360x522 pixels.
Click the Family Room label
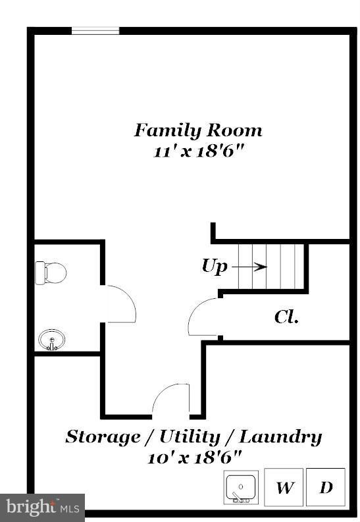pyautogui.click(x=198, y=130)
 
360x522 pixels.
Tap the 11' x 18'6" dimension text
pyautogui.click(x=195, y=151)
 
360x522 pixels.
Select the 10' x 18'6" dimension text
pyautogui.click(x=194, y=456)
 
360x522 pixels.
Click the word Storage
pyautogui.click(x=102, y=436)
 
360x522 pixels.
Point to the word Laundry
pyautogui.click(x=280, y=436)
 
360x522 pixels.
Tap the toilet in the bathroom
pyautogui.click(x=52, y=271)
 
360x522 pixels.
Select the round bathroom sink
pyautogui.click(x=52, y=340)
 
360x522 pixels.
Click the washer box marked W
pyautogui.click(x=284, y=488)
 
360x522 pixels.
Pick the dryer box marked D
pyautogui.click(x=326, y=488)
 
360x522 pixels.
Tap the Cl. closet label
pyautogui.click(x=286, y=317)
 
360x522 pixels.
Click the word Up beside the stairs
pyautogui.click(x=214, y=266)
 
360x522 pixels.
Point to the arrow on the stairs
pyautogui.click(x=250, y=267)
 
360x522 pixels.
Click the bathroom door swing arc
pyautogui.click(x=121, y=303)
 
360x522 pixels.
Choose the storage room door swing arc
pyautogui.click(x=171, y=399)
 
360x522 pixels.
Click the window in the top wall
pyautogui.click(x=95, y=30)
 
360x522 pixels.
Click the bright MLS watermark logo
pyautogui.click(x=42, y=508)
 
